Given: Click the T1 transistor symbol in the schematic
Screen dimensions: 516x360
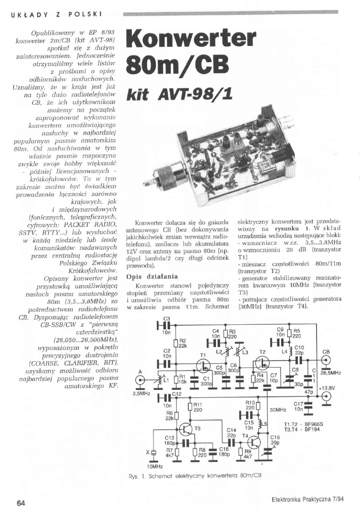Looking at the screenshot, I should point(203,365).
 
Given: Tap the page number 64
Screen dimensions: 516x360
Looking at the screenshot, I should point(21,503).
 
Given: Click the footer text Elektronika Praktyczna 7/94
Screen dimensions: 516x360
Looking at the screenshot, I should point(307,500).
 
